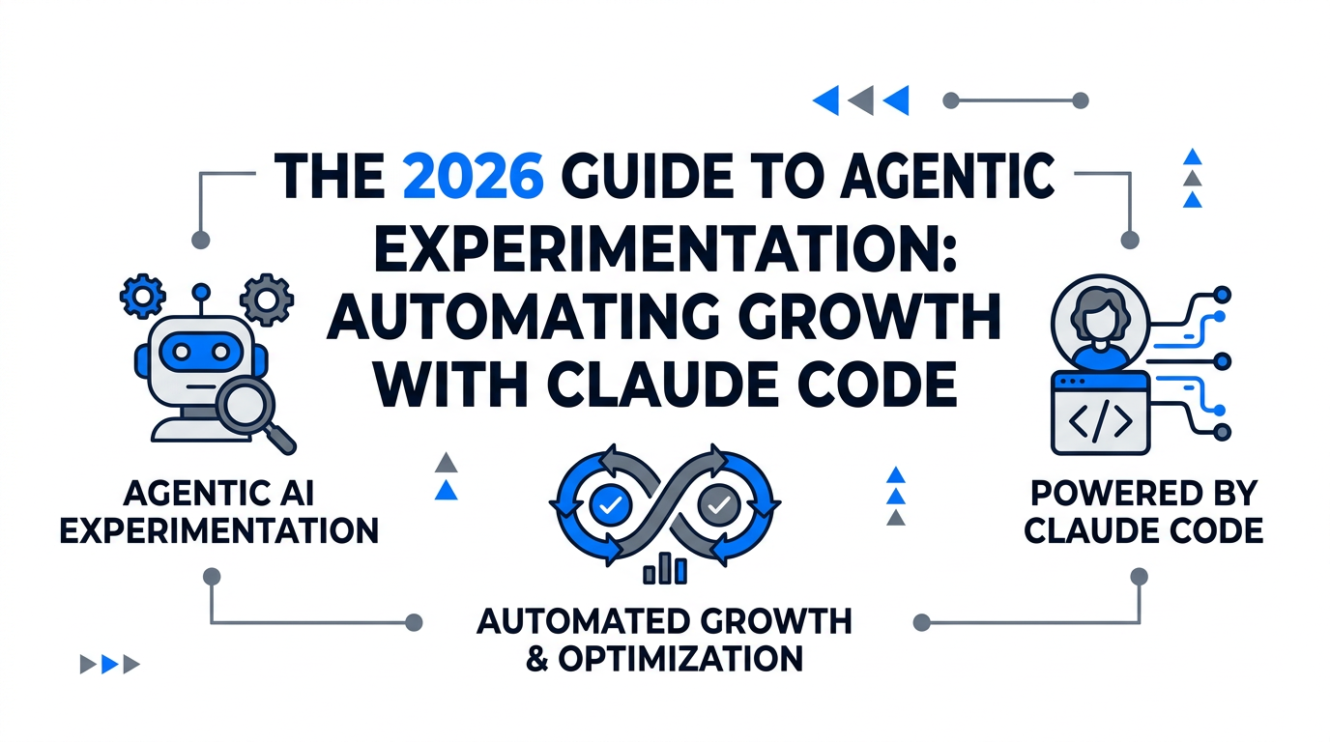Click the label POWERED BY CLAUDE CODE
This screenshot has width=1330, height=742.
pos(1143,512)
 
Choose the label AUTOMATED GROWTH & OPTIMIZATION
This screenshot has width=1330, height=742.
pos(665,640)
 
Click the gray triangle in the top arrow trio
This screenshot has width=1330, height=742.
pos(860,100)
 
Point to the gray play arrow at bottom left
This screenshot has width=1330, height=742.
pos(88,664)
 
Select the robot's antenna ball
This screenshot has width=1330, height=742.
pos(201,290)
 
